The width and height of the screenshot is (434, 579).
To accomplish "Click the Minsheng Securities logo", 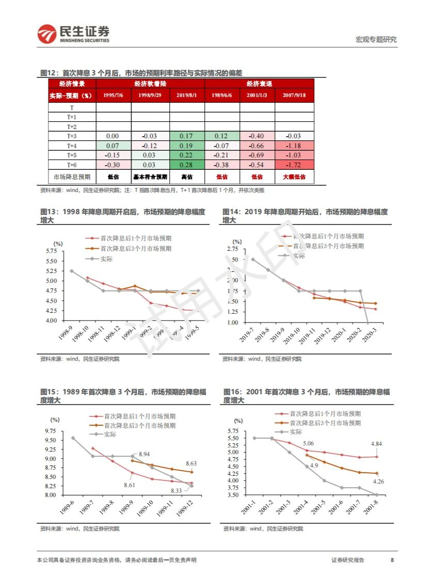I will pos(73,35).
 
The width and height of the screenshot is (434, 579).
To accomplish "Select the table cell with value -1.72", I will pos(294,164).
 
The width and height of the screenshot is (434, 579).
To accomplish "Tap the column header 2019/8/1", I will pos(187,95).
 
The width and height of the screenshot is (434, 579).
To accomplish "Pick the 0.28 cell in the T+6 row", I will pos(187,164).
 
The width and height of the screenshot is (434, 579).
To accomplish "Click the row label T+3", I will pos(72,136).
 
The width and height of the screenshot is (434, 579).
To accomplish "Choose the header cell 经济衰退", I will pos(259,83).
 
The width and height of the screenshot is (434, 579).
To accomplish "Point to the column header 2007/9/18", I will pos(294,95).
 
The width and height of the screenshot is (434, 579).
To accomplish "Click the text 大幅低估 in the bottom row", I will pos(294,176).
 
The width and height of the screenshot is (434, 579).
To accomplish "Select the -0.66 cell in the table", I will pos(256,146).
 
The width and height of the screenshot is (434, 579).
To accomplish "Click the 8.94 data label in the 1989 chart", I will pos(143,454).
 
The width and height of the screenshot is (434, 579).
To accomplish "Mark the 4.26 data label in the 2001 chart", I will pos(378,481).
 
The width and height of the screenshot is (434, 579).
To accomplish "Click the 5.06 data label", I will pos(308,443).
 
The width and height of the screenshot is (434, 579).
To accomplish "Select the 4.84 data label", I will pos(376,443).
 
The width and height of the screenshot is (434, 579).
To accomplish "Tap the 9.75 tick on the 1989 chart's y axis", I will pos(50,431).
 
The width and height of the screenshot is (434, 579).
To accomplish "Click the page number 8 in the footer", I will pos(392,560).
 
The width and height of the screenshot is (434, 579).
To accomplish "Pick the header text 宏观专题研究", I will pos(376,40).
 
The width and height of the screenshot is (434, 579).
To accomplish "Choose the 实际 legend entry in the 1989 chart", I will pos(110,434).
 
